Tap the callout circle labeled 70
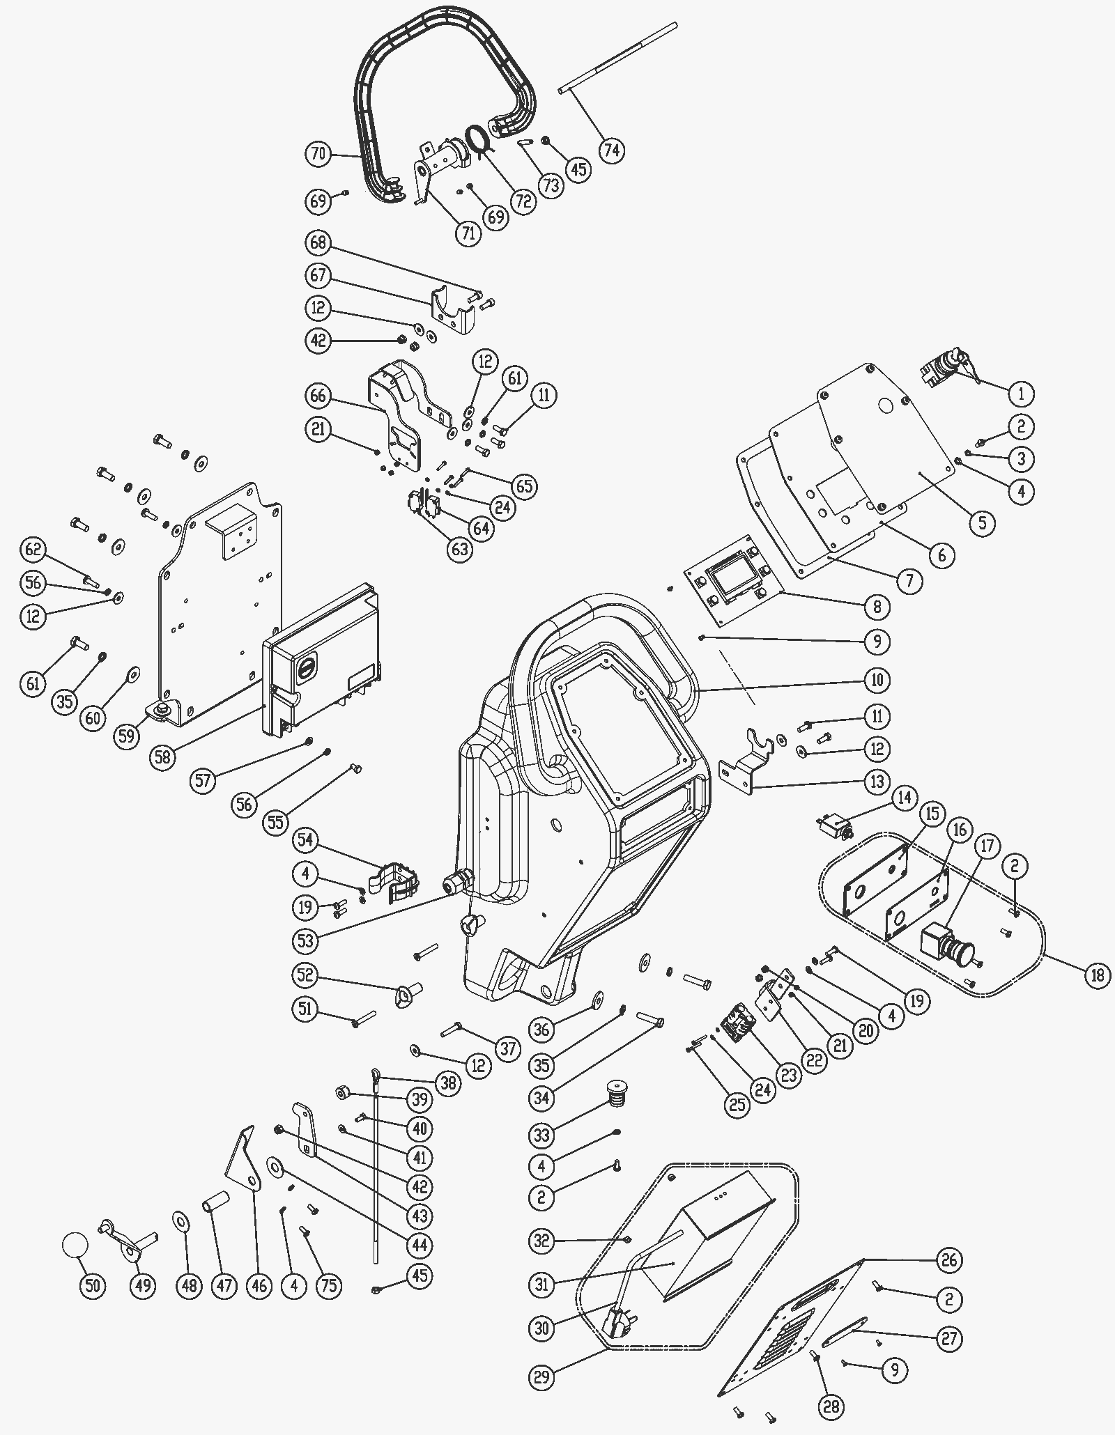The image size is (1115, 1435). [318, 154]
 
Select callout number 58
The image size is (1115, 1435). [163, 757]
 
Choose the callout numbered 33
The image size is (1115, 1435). [542, 1134]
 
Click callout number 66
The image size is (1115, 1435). [318, 396]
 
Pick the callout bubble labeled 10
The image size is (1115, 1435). [877, 680]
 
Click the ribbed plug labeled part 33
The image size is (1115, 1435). [613, 1094]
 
